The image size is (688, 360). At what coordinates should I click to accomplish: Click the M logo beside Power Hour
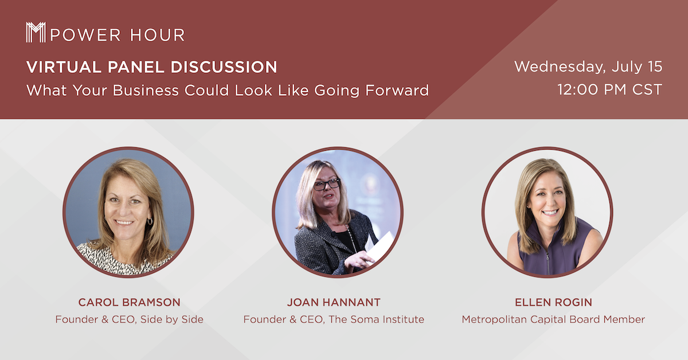(36, 32)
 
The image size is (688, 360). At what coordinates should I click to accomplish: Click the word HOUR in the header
(158, 35)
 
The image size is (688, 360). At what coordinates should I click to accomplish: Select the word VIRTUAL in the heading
(64, 67)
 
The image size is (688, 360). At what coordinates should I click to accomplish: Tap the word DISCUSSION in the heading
(224, 67)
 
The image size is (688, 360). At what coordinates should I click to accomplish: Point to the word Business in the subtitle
(146, 91)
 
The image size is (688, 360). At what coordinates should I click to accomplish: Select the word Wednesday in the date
(560, 66)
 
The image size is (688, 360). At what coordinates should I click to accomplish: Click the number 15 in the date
(655, 66)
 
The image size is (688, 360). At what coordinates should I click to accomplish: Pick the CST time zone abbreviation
(647, 89)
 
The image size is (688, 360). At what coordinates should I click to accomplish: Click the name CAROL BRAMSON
(130, 302)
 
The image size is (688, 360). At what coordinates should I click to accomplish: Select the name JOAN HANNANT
(334, 302)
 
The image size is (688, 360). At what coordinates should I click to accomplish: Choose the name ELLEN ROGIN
(553, 302)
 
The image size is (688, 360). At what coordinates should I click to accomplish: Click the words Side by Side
(171, 319)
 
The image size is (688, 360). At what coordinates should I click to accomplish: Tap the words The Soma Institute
(376, 319)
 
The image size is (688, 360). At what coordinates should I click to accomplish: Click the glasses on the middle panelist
(326, 185)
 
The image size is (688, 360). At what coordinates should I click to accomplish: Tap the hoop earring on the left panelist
(150, 221)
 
